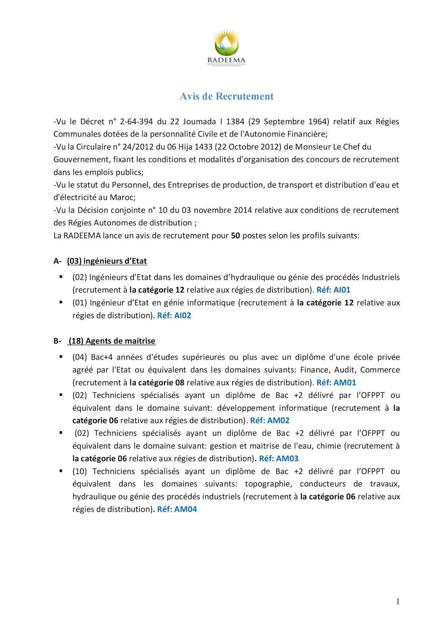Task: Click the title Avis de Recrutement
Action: tap(227, 97)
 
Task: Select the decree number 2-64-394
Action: tap(136, 121)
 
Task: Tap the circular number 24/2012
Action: tap(138, 147)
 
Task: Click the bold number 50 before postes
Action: tap(235, 236)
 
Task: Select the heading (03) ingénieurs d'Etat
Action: tap(107, 261)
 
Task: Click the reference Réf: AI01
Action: tap(334, 290)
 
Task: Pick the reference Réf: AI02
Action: tap(174, 316)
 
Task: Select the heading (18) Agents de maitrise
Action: tap(112, 341)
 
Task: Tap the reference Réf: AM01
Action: tap(336, 383)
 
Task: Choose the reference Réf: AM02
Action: tap(270, 421)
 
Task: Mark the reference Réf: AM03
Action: tap(279, 459)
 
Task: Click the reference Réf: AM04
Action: tap(177, 510)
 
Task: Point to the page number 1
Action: tap(398, 602)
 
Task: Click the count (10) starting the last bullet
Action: tap(80, 472)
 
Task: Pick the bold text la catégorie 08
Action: tap(157, 383)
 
